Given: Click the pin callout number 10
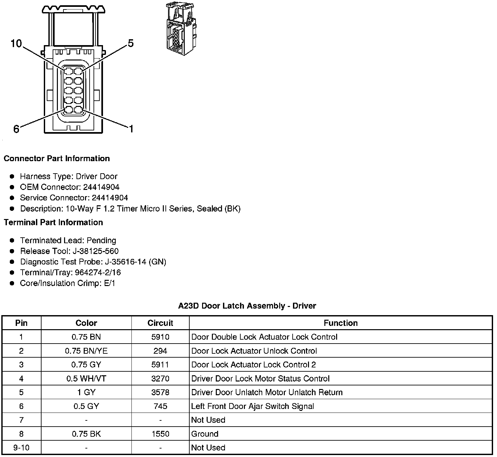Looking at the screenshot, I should tap(16, 43).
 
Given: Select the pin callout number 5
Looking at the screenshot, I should tap(130, 43).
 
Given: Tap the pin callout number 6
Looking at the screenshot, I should tap(16, 129).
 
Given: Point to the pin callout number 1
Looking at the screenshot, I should tap(131, 129).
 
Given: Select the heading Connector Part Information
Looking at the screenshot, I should tap(57, 159).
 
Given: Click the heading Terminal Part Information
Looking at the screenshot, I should tap(53, 223).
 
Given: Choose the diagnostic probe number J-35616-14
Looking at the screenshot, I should tap(126, 262).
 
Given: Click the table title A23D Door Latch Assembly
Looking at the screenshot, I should tap(247, 306).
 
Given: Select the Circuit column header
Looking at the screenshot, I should tap(160, 323).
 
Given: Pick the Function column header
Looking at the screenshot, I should tap(340, 323).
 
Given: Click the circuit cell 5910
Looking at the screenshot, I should tap(160, 337).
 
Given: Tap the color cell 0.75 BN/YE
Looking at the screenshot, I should tap(86, 351).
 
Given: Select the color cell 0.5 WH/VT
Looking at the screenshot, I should tap(86, 379).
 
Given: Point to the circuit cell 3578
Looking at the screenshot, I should tap(160, 392).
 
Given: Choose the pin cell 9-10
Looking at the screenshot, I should tap(22, 448).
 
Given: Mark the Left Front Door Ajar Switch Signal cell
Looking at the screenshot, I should tap(252, 406).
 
